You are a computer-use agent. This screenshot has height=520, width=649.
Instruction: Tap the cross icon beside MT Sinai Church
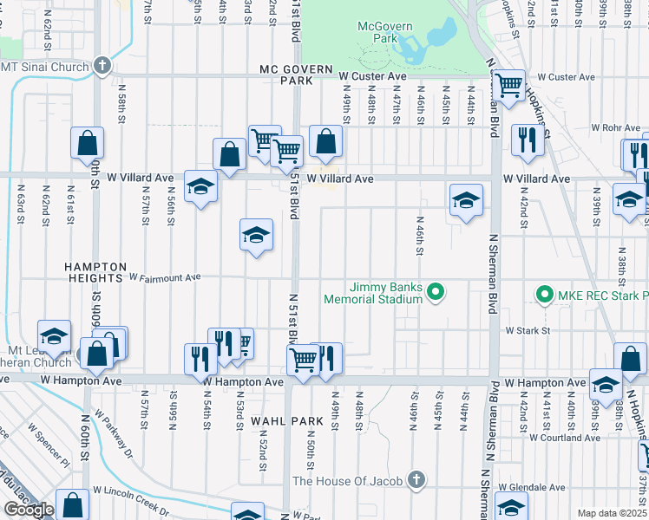[102, 66]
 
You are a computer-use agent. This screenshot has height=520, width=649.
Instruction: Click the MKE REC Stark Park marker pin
[544, 295]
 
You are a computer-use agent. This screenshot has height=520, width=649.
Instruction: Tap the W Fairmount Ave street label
[165, 277]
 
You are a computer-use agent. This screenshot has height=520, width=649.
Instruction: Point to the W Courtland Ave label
[564, 438]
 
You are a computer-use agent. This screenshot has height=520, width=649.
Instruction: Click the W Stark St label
[528, 330]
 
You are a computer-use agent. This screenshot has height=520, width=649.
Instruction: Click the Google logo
[28, 510]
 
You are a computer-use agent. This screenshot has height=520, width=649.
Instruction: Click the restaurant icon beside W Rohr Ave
[527, 140]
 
